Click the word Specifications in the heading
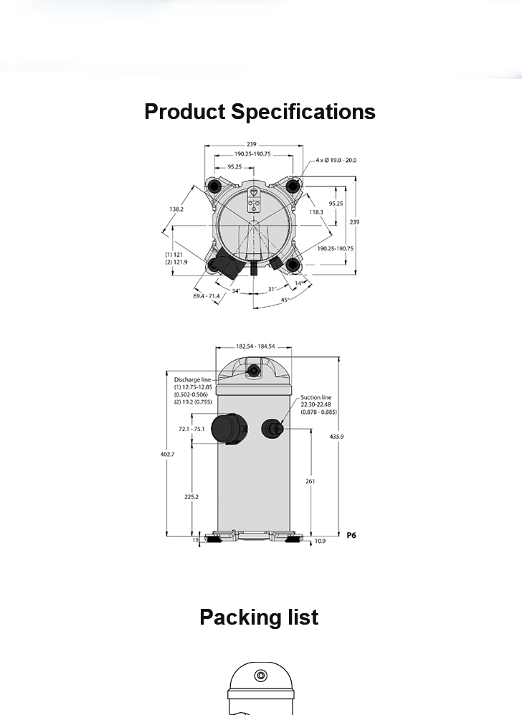303,112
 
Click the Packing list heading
259,617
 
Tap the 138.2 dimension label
176,209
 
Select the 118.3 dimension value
316,212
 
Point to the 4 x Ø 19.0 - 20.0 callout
336,160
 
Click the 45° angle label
285,300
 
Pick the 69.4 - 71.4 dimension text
206,296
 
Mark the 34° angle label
236,291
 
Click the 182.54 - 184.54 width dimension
255,346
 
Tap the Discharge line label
192,379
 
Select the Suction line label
316,397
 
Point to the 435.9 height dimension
336,437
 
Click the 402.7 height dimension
167,454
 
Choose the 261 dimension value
310,481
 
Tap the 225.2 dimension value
191,496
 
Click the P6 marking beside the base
351,535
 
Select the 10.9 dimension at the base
320,541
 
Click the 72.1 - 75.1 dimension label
191,429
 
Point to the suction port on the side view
272,429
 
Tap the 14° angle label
298,283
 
